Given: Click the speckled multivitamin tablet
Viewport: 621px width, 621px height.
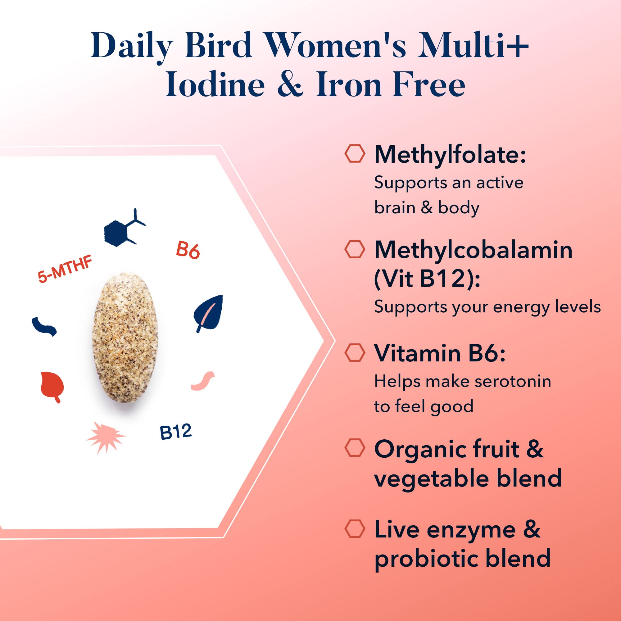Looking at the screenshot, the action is click(x=125, y=337).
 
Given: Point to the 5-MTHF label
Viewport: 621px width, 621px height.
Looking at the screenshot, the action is click(x=65, y=269).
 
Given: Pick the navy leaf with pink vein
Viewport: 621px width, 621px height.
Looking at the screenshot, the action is click(x=209, y=313).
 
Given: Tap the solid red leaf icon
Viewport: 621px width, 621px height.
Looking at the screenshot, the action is click(x=52, y=387).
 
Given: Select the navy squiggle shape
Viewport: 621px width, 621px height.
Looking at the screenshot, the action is click(x=44, y=327).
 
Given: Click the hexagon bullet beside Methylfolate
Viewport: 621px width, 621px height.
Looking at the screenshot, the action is click(x=355, y=154).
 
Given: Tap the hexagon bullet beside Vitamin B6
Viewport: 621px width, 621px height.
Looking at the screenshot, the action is click(x=355, y=353).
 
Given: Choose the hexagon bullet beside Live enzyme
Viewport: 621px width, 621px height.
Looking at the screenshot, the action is click(x=355, y=529).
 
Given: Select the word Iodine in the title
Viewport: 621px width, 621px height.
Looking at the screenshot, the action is click(x=215, y=84).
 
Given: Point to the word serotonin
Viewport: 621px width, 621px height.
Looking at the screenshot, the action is click(x=513, y=382).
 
